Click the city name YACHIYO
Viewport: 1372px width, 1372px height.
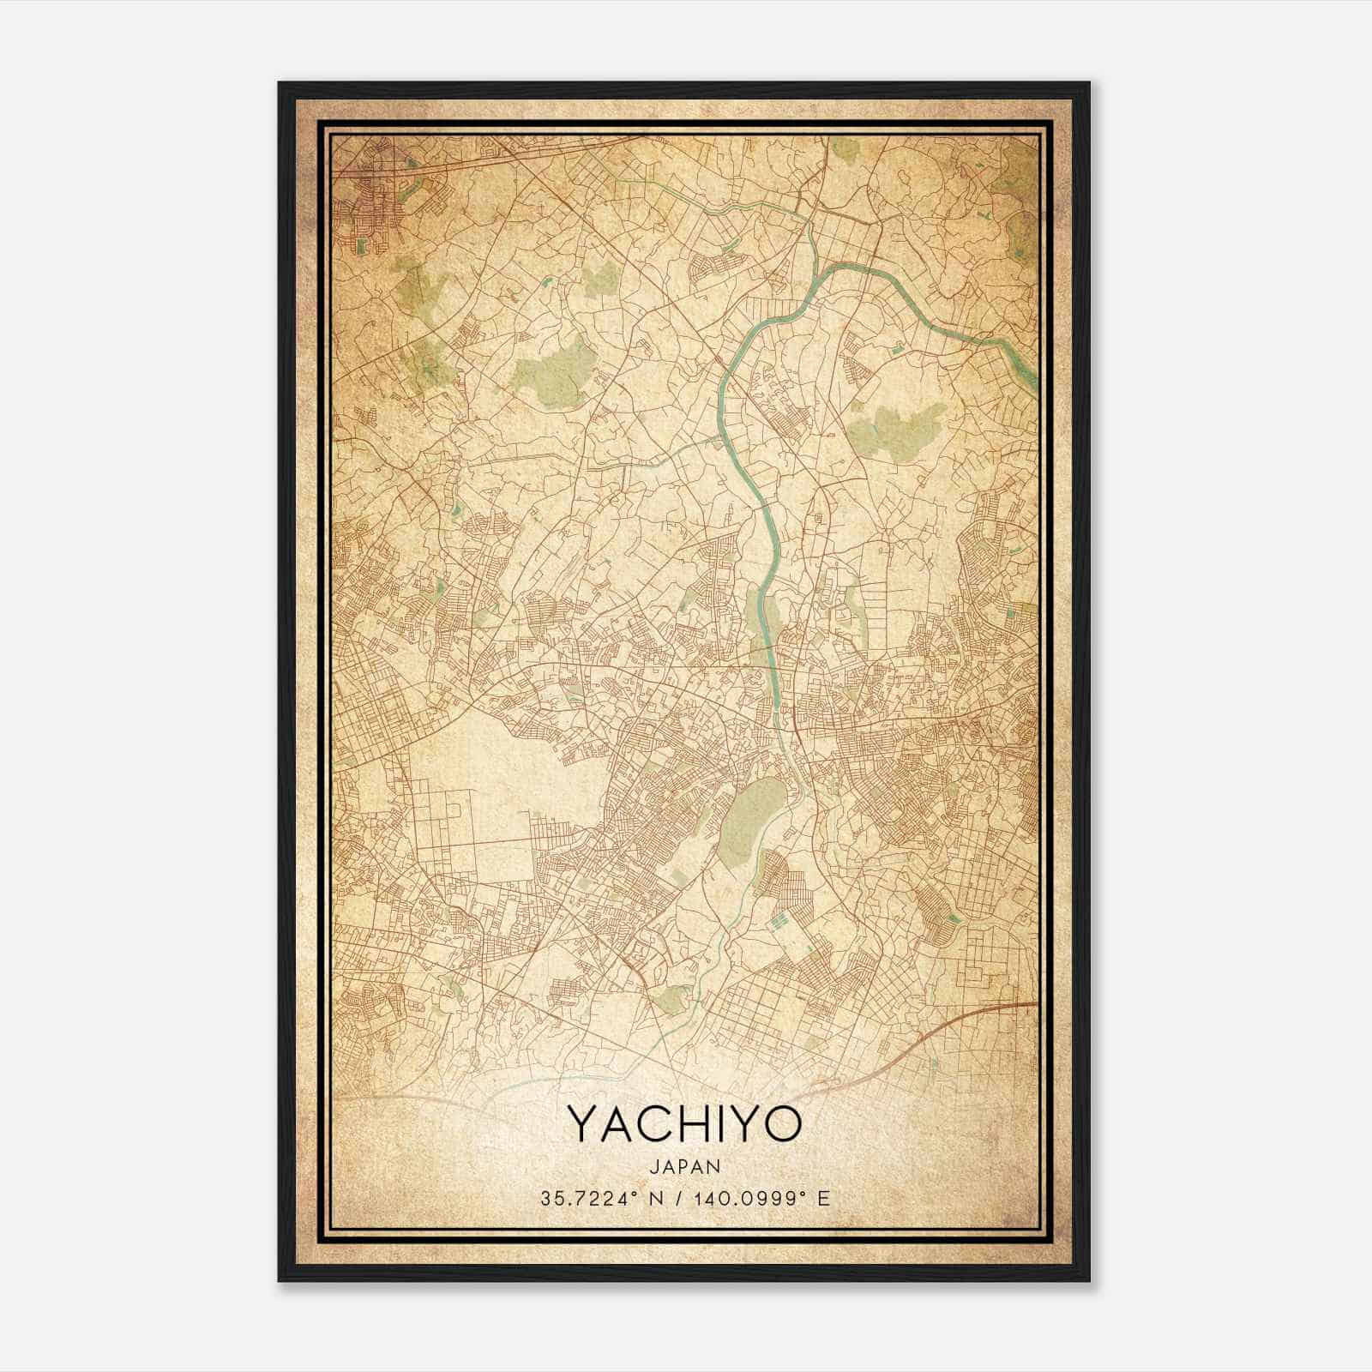684,1123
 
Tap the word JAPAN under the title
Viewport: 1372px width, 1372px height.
684,1166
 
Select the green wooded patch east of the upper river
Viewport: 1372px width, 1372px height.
896,429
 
